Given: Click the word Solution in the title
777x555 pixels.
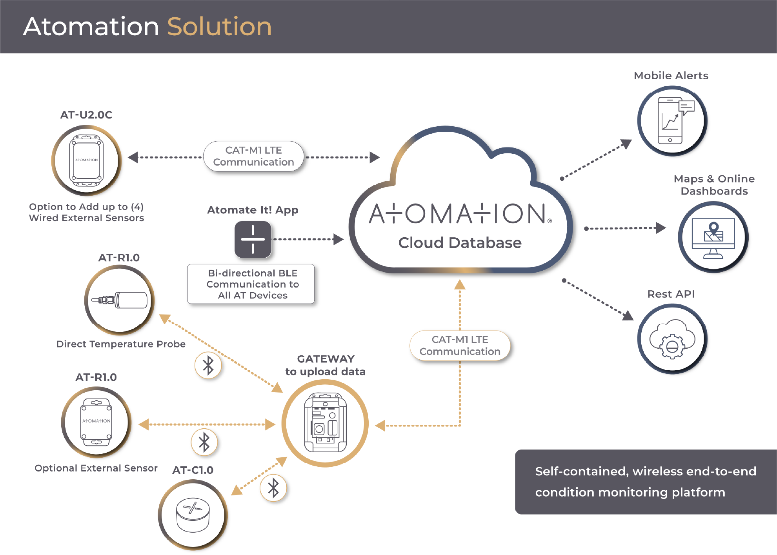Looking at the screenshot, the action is click(219, 27).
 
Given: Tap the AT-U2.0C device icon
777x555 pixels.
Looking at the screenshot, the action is click(86, 160).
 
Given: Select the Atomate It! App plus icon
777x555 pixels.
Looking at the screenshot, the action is click(253, 239).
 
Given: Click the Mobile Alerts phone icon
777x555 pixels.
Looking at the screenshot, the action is click(672, 121).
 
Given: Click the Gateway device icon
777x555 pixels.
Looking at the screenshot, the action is click(325, 423).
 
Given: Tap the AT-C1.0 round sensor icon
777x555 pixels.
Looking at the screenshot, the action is click(193, 515).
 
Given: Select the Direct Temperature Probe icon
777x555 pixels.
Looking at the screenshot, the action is click(119, 300).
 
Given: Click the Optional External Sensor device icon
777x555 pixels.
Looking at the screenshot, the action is click(96, 422).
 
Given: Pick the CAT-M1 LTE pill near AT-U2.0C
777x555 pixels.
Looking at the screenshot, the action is click(253, 156).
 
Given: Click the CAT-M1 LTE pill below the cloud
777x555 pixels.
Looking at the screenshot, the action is click(460, 346).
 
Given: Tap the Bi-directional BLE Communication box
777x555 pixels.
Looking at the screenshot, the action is click(251, 284).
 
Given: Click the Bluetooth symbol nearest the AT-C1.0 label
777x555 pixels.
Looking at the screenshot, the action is click(273, 488).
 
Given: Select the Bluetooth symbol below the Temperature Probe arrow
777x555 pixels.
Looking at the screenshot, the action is click(208, 366).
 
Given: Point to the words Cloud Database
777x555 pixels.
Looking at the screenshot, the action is click(460, 243).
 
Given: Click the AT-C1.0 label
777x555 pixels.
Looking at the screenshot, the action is click(193, 470).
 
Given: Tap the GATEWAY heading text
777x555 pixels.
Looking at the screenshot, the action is click(326, 359).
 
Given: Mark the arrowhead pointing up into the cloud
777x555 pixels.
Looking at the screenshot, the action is click(460, 284).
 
